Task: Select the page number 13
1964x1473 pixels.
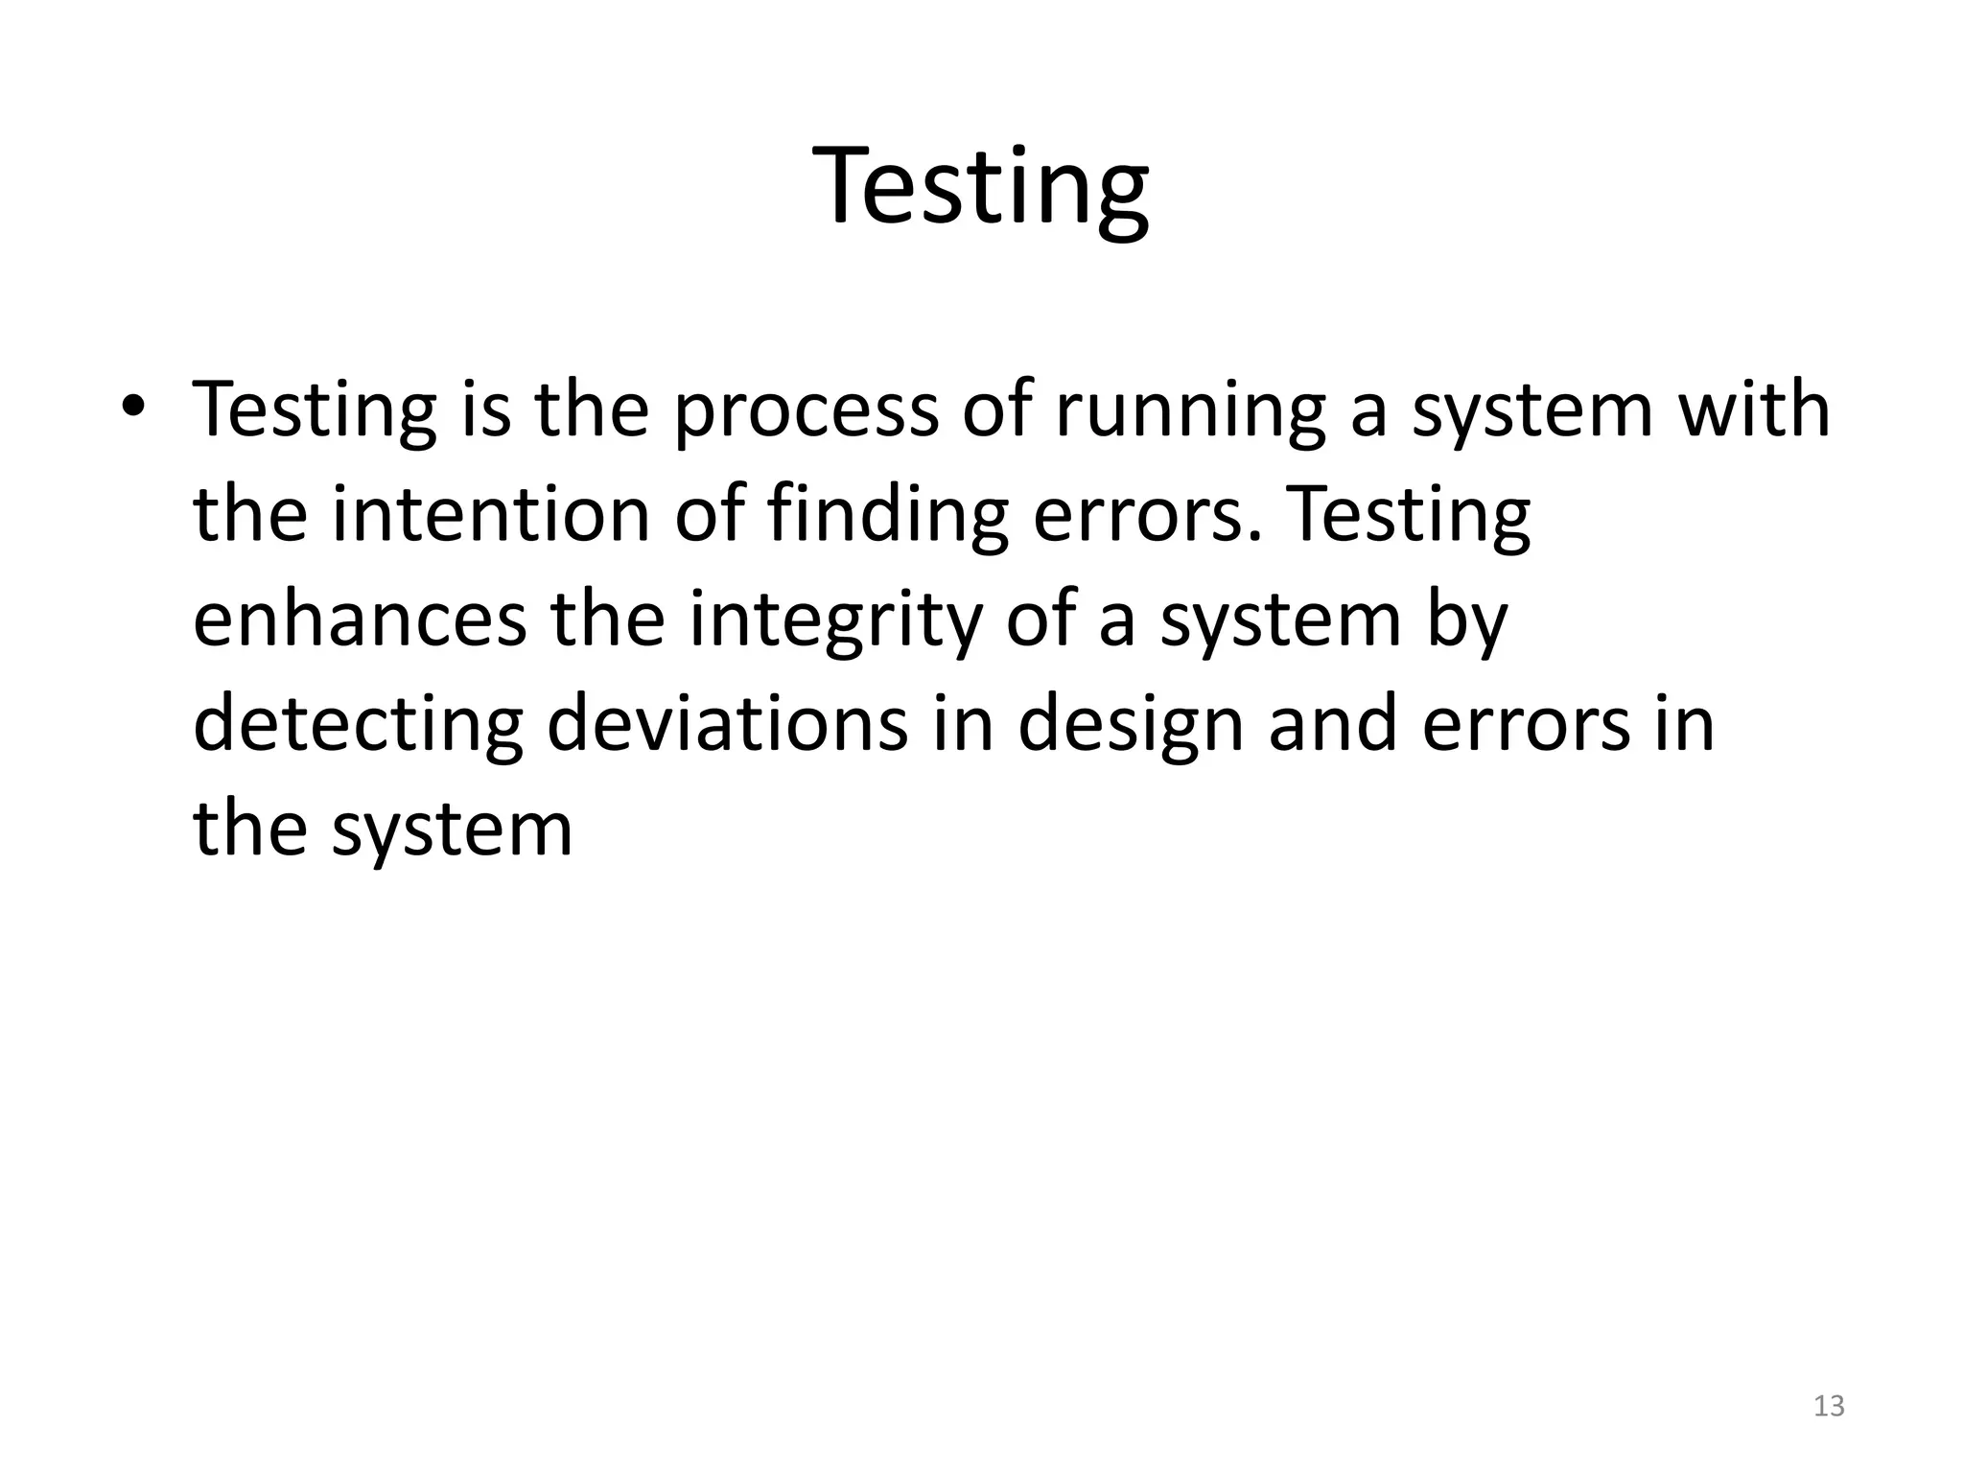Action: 1829,1406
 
